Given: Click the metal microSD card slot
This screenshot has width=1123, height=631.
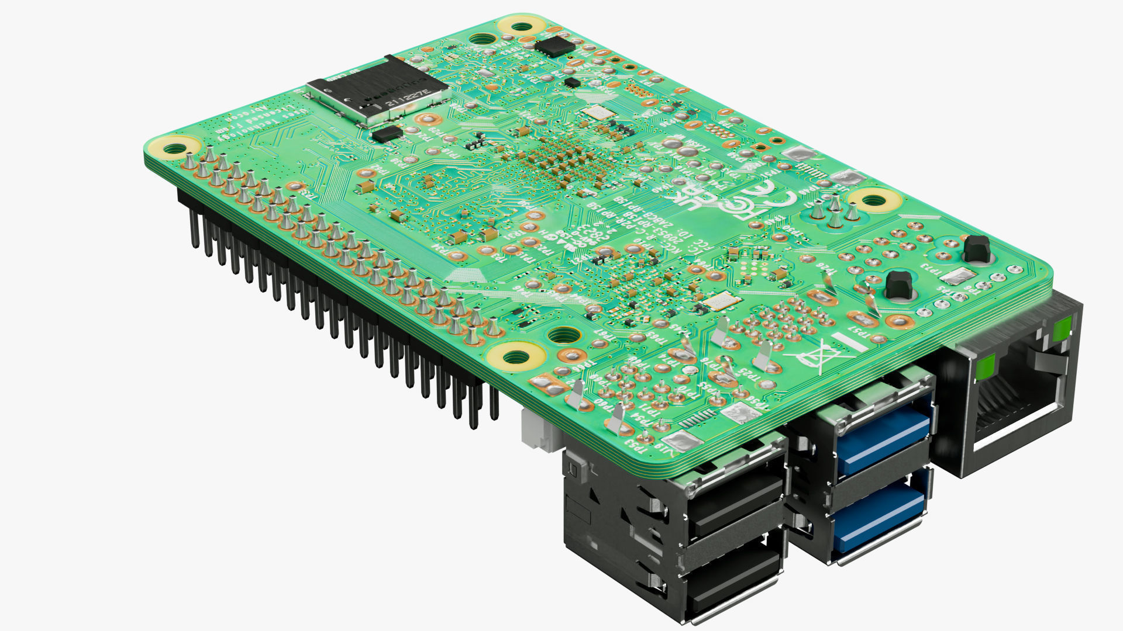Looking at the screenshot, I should click(x=377, y=93).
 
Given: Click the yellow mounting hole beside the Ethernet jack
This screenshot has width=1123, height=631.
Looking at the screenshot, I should click(x=873, y=200).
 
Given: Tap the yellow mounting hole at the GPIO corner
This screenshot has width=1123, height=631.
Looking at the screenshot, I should click(x=174, y=148).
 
